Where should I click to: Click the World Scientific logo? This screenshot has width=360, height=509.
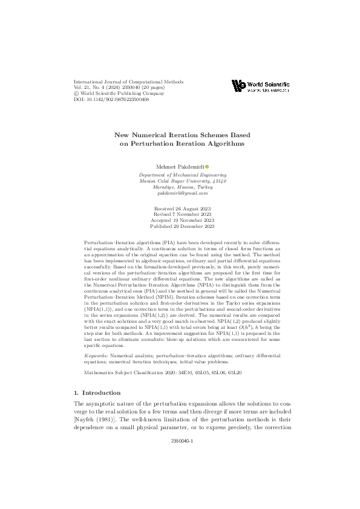[260, 86]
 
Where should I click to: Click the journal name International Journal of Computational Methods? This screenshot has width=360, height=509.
[128, 82]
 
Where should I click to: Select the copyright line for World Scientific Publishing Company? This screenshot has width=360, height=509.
[119, 94]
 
